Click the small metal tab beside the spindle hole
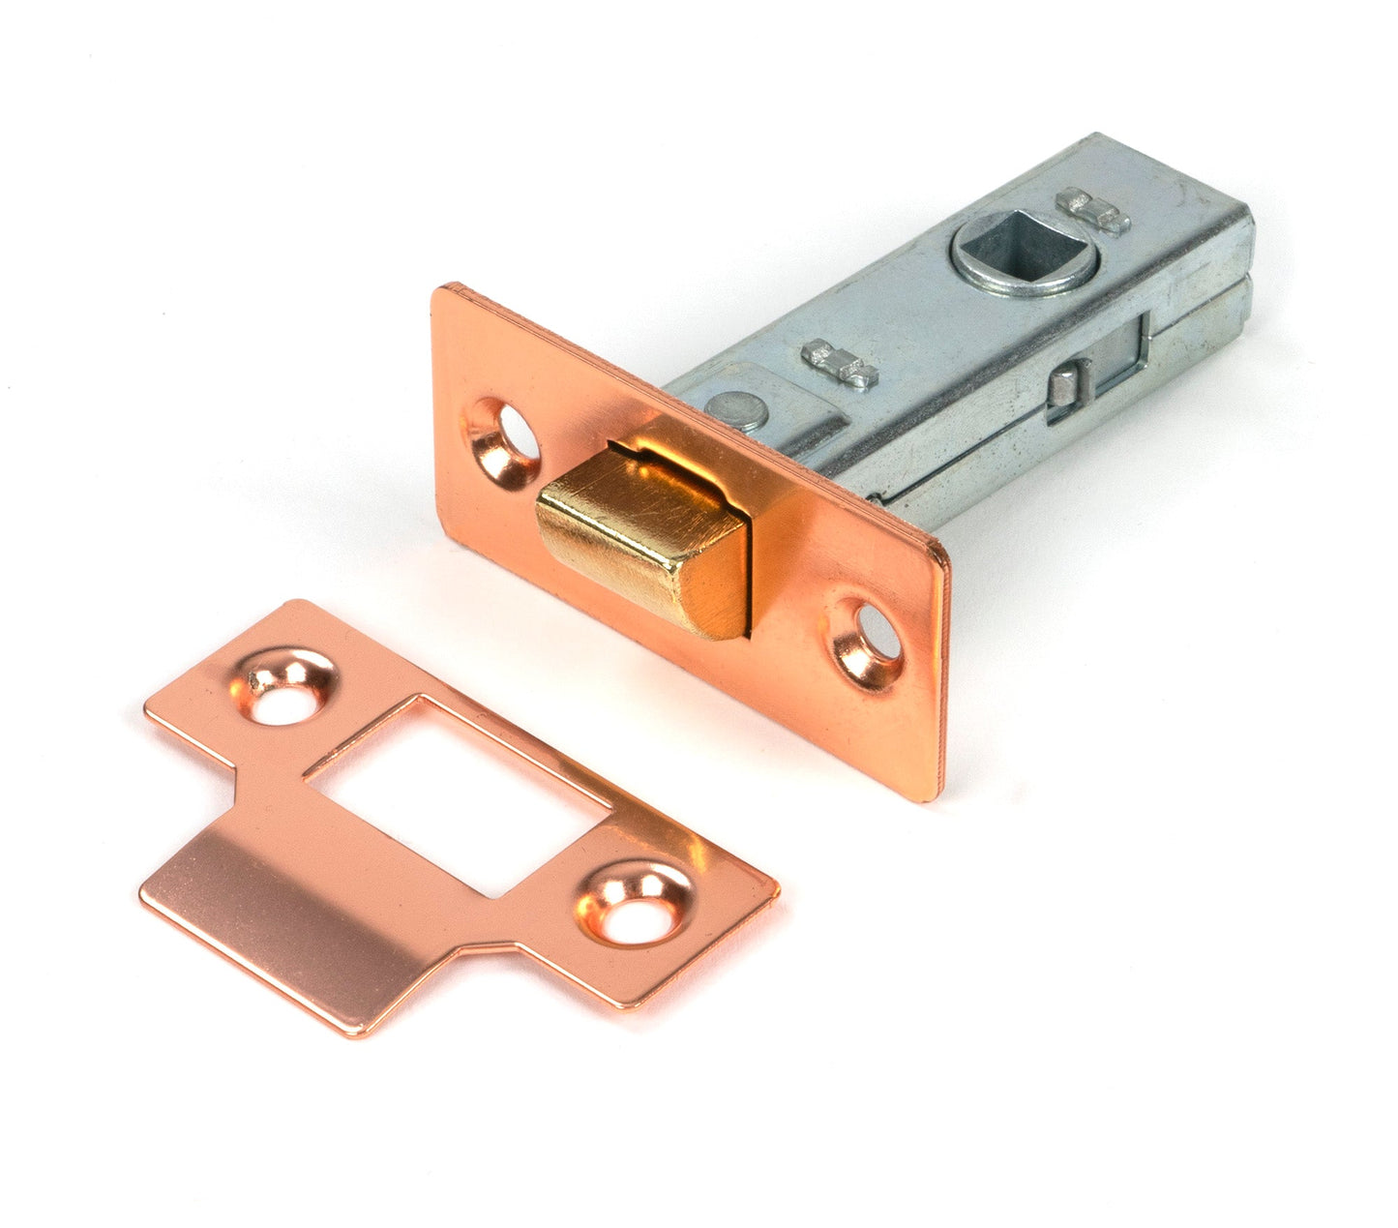coord(1094,212)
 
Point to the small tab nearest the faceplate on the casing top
coord(840,363)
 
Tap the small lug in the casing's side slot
coord(1064,385)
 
